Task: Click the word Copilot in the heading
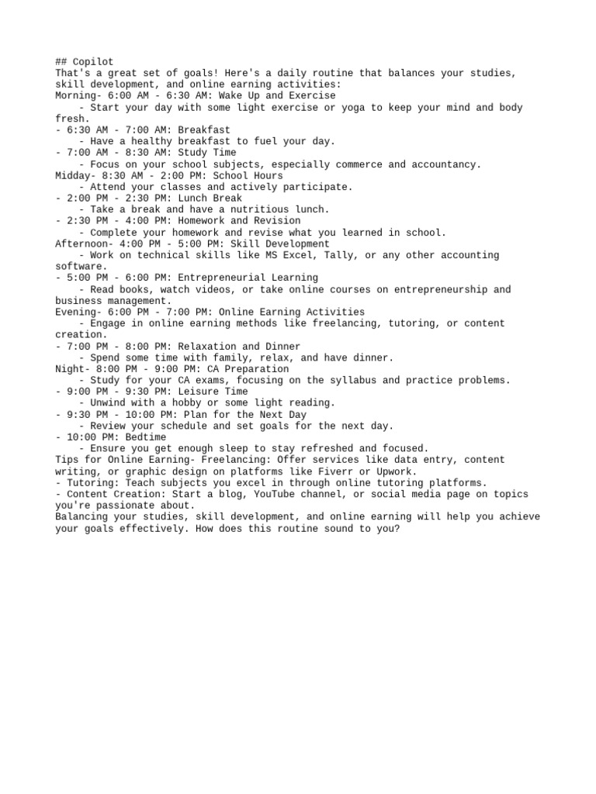(x=93, y=62)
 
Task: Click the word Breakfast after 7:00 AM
(x=204, y=130)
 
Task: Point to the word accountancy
(x=445, y=164)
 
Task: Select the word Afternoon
(x=81, y=244)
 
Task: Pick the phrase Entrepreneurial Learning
(x=248, y=278)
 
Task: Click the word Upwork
(x=394, y=471)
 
